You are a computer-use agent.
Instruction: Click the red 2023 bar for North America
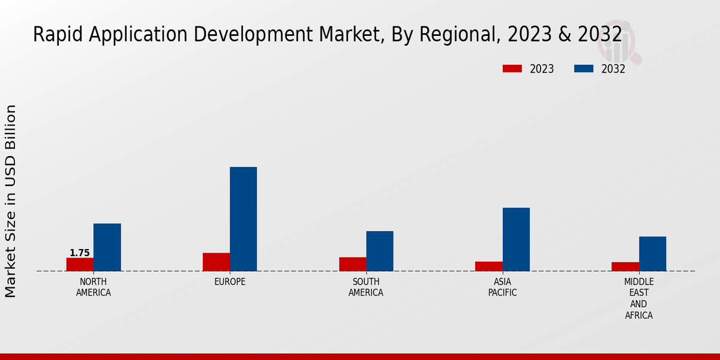[80, 265]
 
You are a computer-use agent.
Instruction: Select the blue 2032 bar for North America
[107, 247]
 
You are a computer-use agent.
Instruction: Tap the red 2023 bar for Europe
[216, 262]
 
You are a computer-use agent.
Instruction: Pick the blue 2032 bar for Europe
[243, 219]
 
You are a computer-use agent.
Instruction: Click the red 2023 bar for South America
[352, 264]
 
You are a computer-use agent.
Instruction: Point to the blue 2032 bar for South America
[380, 251]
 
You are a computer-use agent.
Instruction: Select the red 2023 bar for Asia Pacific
[488, 266]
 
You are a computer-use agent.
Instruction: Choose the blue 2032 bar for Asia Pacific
[516, 239]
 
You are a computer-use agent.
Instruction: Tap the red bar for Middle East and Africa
[625, 266]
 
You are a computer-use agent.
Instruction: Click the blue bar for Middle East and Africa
[652, 254]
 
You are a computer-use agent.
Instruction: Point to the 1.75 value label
[80, 253]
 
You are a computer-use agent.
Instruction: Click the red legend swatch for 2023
[512, 69]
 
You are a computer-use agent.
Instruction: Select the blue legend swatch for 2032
[584, 69]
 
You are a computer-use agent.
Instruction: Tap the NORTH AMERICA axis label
[94, 287]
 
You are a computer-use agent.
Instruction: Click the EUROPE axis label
[230, 282]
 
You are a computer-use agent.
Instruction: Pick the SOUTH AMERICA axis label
[366, 287]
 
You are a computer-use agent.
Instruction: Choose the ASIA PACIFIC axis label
[502, 287]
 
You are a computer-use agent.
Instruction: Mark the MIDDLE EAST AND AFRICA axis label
[639, 298]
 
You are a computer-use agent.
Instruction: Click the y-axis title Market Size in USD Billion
[11, 201]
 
